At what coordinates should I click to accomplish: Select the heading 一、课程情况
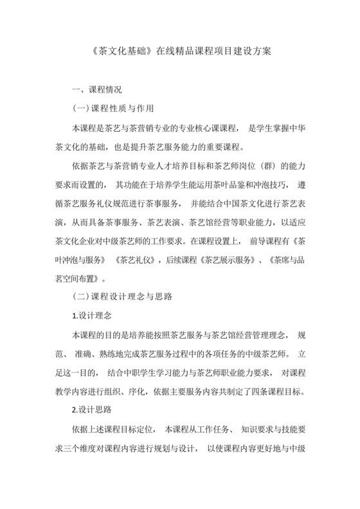(96, 89)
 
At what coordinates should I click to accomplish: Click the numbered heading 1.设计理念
(94, 316)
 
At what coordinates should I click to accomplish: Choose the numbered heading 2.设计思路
(94, 409)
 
